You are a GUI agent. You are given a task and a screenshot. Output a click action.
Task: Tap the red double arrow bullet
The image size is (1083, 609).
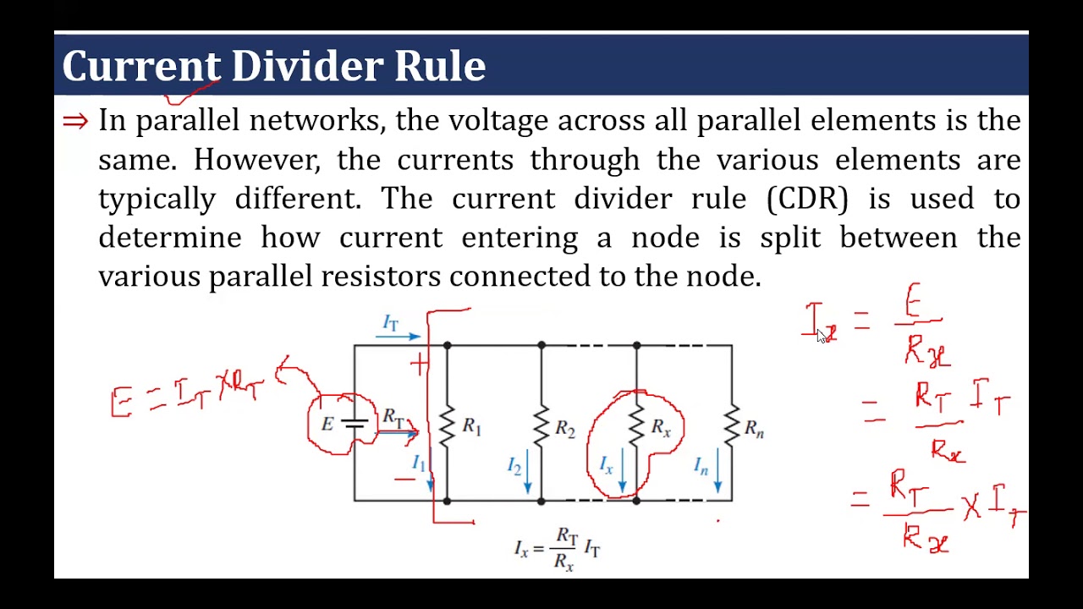coord(75,122)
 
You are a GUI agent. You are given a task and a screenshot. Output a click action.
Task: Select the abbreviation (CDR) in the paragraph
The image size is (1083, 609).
coord(807,199)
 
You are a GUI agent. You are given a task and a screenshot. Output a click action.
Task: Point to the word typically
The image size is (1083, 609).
coord(157,200)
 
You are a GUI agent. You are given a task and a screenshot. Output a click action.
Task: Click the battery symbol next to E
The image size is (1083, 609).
coord(355,424)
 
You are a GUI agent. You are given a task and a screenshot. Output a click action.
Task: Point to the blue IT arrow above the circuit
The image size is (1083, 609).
coord(398,337)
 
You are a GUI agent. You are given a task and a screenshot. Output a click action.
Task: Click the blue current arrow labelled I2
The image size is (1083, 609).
coord(528,471)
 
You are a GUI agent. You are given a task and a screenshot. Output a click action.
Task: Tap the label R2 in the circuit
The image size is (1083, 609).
coord(565,429)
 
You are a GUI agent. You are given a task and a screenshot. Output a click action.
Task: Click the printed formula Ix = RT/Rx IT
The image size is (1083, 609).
coord(558,549)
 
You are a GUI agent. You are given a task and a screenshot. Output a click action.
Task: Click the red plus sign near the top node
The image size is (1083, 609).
coord(419,364)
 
